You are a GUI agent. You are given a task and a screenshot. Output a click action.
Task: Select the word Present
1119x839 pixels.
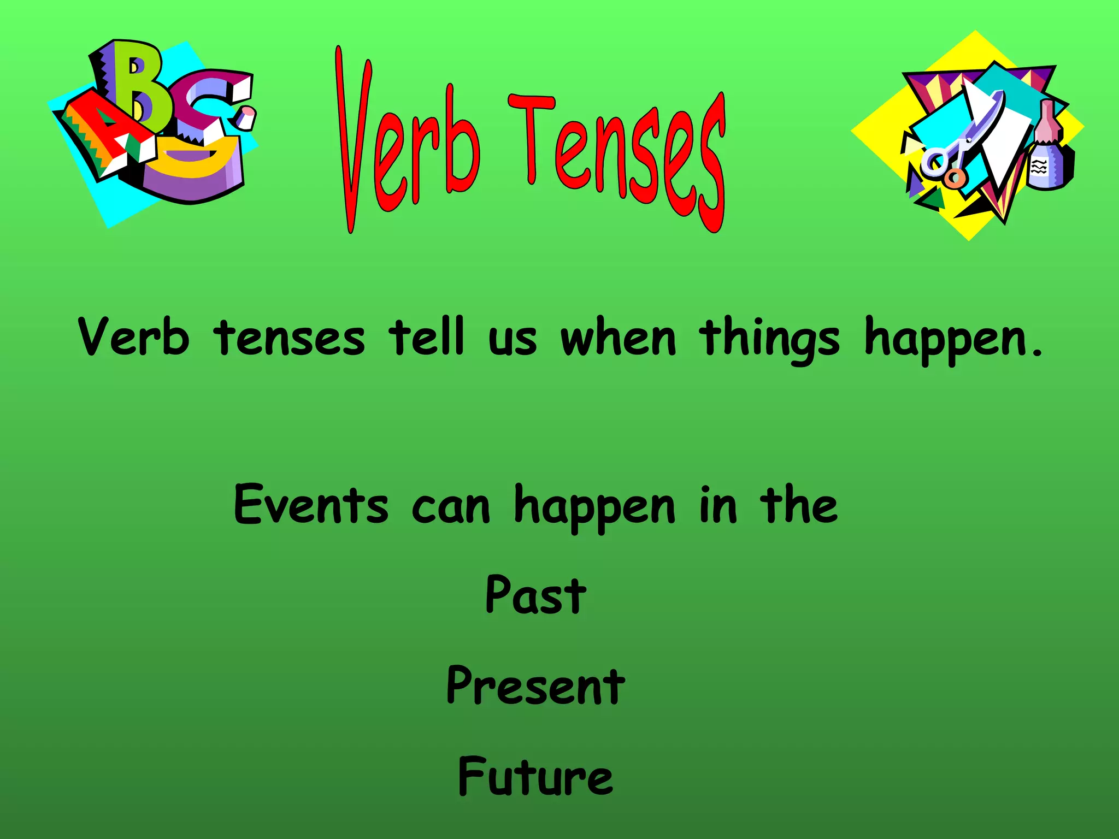pyautogui.click(x=535, y=687)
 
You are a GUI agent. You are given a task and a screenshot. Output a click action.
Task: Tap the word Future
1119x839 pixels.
pyautogui.click(x=535, y=777)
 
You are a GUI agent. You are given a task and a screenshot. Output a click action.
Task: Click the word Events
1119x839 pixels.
pyautogui.click(x=311, y=505)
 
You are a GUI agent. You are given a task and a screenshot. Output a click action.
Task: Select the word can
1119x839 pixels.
pyautogui.click(x=451, y=508)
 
